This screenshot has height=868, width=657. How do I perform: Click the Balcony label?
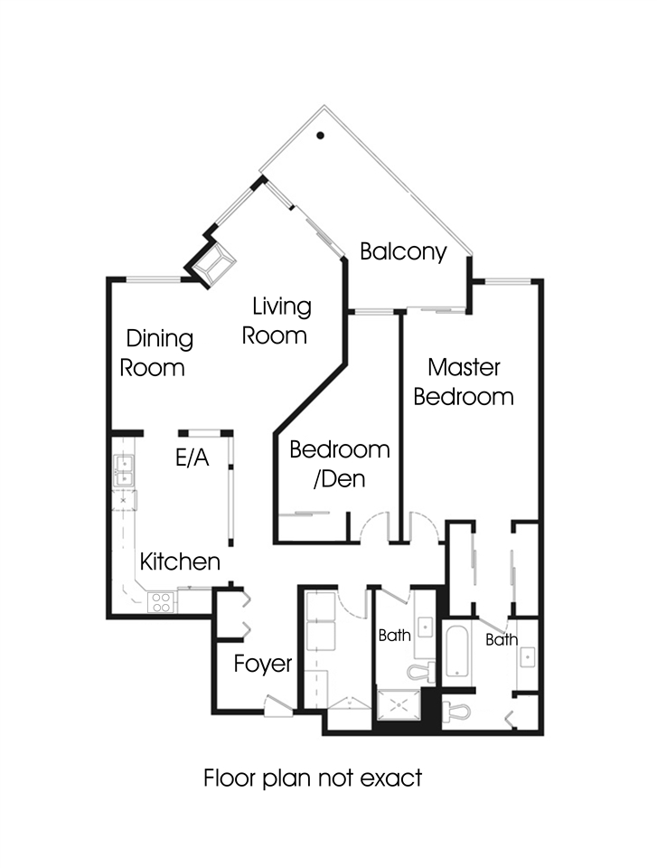[403, 251]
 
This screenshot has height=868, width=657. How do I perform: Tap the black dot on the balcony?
[320, 135]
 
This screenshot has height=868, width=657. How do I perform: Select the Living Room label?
[276, 321]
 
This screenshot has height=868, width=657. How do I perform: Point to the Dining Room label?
[156, 354]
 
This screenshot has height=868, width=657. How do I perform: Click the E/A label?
[192, 458]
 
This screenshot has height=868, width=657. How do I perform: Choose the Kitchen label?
[180, 561]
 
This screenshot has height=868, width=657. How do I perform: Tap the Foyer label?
[263, 664]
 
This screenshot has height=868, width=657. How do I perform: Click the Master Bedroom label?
[464, 382]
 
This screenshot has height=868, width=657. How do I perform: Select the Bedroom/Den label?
[339, 464]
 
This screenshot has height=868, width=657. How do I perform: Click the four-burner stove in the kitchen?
[162, 602]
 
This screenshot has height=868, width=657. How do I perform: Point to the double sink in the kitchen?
[124, 470]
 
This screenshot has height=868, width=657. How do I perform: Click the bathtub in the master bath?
[458, 652]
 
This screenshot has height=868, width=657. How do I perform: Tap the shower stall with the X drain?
[399, 705]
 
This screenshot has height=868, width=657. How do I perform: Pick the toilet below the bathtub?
[456, 711]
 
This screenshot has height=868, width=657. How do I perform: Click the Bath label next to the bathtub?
[502, 640]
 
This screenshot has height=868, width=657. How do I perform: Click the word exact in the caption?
[391, 778]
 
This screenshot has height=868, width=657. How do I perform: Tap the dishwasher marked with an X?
[124, 500]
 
